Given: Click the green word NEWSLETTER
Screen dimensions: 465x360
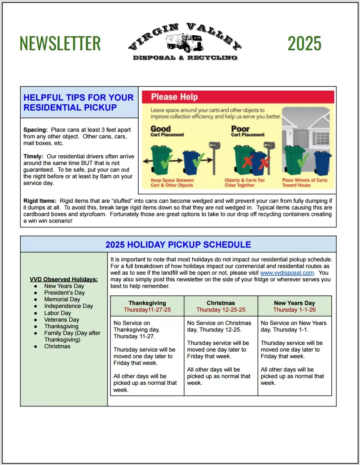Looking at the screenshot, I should (60, 43).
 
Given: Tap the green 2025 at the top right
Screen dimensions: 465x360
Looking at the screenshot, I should (304, 43).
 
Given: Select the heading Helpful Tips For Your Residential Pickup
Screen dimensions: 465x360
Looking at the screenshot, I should (78, 103).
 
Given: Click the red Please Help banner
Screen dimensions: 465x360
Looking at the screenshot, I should (238, 97).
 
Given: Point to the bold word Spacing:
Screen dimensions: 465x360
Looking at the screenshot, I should (36, 130).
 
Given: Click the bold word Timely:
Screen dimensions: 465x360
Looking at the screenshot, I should (34, 157).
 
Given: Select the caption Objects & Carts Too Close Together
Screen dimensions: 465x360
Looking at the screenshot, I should (245, 183).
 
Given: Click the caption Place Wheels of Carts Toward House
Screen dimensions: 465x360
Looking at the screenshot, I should (304, 183).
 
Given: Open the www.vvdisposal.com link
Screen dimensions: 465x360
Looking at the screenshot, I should (287, 273).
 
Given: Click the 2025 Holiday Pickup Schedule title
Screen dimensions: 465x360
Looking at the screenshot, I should (178, 245).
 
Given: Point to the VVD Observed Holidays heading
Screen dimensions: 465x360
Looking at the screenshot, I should (64, 279).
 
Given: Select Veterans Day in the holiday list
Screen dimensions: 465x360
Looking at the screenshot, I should (61, 320).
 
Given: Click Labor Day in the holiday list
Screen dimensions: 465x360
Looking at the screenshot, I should (58, 313).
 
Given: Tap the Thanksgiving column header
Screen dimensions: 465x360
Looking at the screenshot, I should (147, 303).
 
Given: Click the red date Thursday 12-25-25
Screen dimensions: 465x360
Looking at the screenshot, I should (221, 310).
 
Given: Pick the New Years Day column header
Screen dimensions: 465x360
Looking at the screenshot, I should (294, 303).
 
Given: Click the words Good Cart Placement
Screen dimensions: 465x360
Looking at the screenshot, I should (167, 131).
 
